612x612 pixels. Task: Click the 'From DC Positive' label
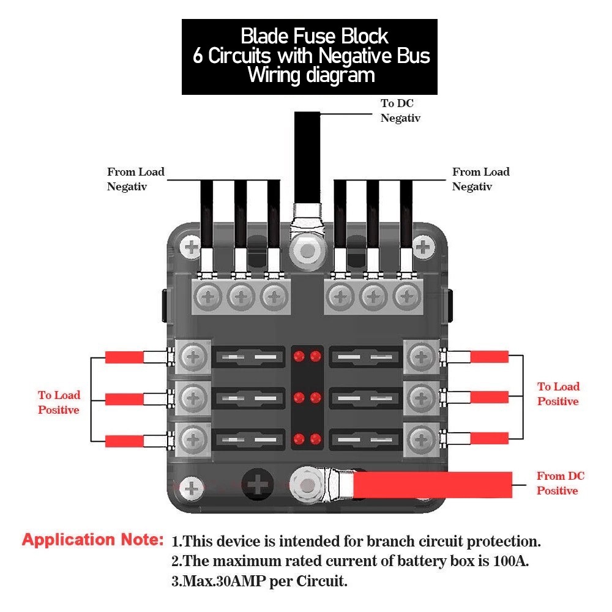pyautogui.click(x=560, y=483)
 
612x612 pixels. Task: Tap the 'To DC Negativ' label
pyautogui.click(x=400, y=111)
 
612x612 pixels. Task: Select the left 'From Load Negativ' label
pyautogui.click(x=135, y=179)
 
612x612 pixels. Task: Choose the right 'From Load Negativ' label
pyautogui.click(x=480, y=179)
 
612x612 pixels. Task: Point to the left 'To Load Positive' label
pyautogui.click(x=59, y=403)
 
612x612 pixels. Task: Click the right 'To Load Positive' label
pyautogui.click(x=558, y=394)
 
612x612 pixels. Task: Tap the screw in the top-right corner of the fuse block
pyautogui.click(x=422, y=248)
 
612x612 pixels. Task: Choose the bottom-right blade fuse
pyautogui.click(x=366, y=438)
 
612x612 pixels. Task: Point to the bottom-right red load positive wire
pyautogui.click(x=489, y=438)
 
